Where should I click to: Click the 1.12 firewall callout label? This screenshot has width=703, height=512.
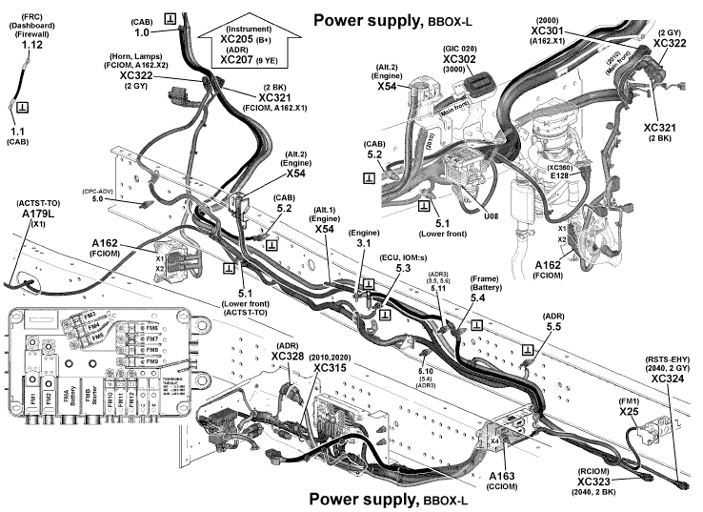31,45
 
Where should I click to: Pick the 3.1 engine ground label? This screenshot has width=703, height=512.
364,244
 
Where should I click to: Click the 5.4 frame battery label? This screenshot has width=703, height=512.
476,298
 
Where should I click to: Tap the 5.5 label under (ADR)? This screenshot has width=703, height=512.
553,326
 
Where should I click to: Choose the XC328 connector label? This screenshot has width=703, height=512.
288,356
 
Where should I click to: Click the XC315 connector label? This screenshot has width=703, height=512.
329,368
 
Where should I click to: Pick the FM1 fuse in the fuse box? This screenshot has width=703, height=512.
30,397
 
